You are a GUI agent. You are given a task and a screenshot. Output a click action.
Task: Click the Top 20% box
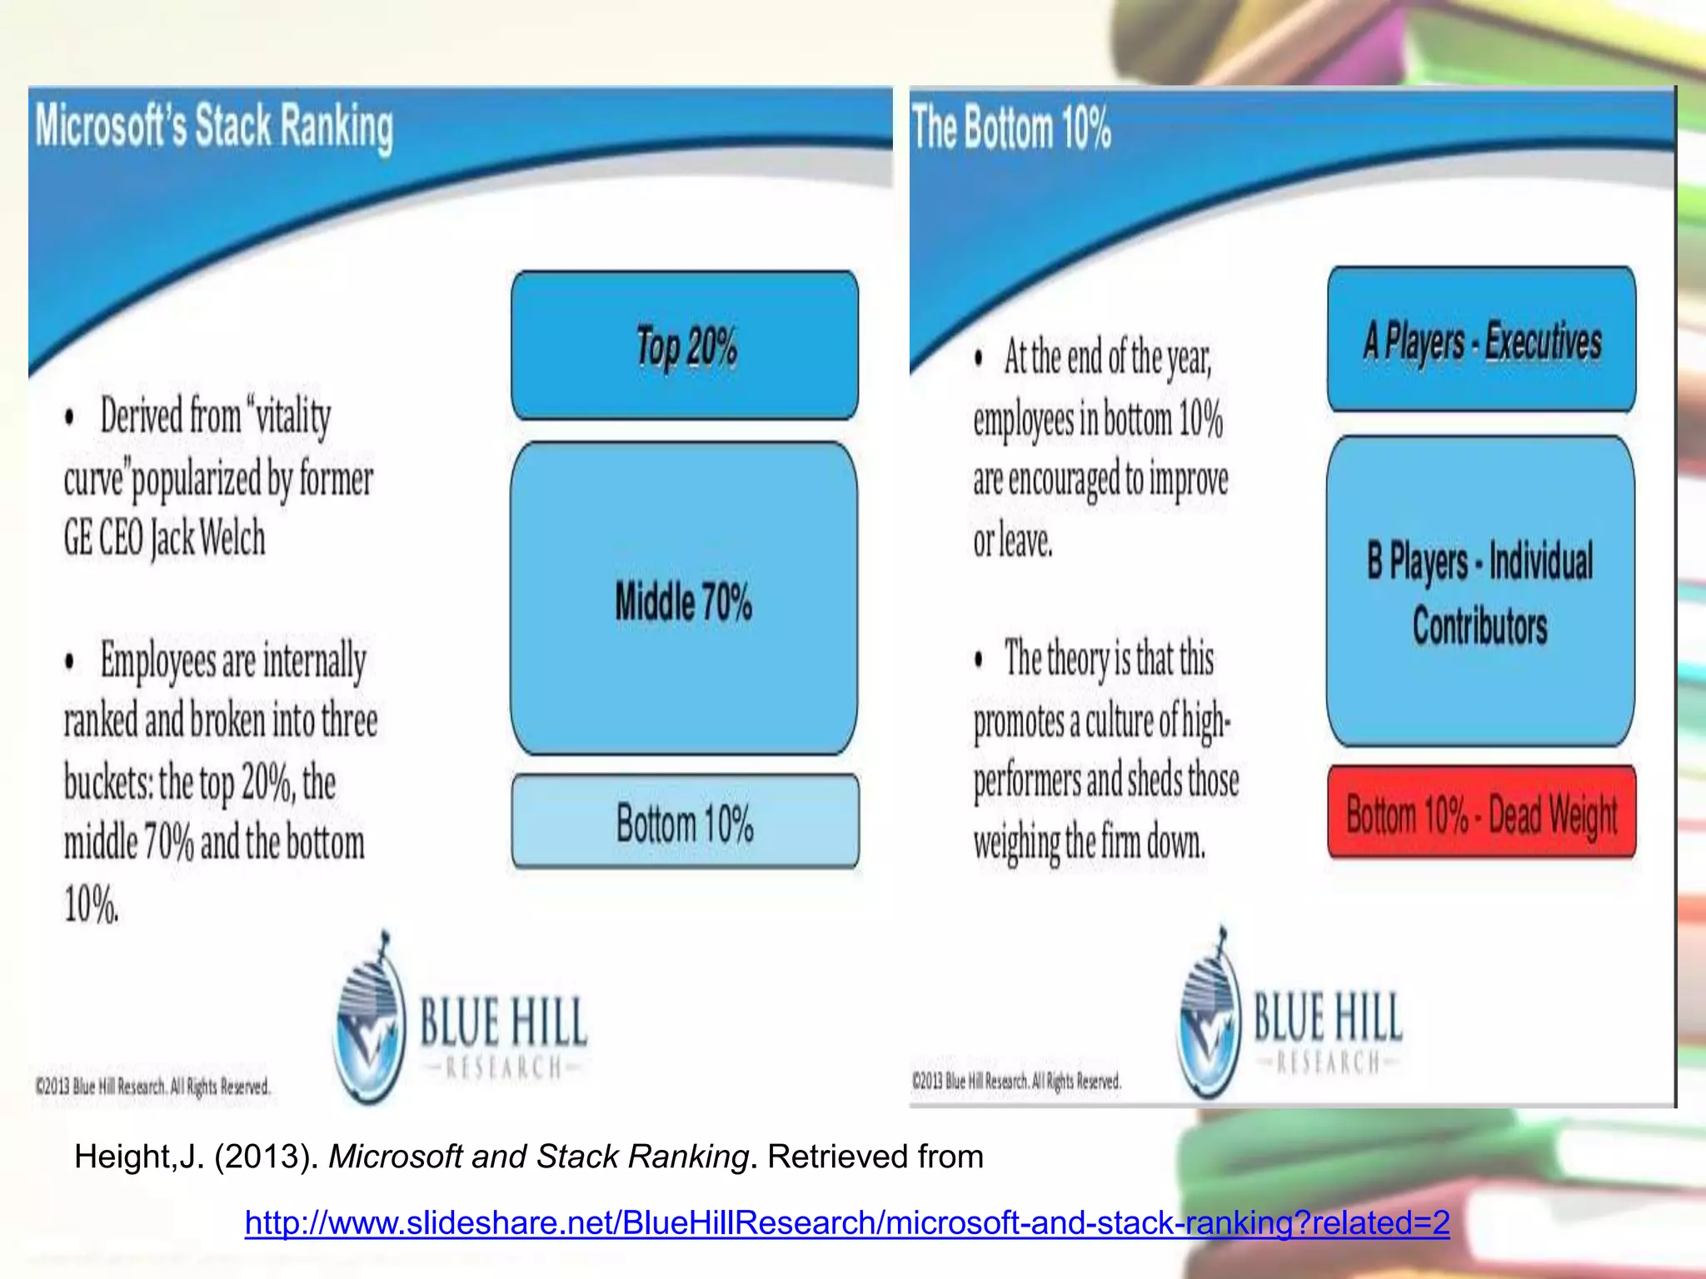point(685,346)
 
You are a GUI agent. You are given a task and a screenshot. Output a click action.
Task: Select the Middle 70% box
point(685,600)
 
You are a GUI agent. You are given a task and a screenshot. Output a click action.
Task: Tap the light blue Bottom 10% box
point(685,822)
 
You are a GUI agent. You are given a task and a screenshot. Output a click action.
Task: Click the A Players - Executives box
point(1481,340)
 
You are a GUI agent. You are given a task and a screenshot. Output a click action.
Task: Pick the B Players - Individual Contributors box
point(1480,591)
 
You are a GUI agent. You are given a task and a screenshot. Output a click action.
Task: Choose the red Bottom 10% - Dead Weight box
point(1481,813)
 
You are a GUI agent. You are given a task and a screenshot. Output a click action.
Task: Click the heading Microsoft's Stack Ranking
point(213,127)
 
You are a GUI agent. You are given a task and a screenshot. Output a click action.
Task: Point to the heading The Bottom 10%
point(1010,128)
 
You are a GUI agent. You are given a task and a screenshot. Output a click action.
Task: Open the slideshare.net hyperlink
point(846,1222)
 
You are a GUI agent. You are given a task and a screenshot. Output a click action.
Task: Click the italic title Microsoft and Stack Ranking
point(538,1157)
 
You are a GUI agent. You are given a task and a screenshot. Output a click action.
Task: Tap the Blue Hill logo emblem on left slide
point(369,1020)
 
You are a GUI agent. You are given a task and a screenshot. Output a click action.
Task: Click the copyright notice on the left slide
point(152,1087)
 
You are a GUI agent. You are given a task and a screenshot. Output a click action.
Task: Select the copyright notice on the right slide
point(1016,1082)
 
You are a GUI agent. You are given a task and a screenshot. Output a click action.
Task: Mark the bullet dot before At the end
point(979,358)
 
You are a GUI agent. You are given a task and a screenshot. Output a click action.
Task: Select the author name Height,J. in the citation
point(138,1157)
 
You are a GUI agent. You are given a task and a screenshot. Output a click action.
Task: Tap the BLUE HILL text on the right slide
point(1328,1017)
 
